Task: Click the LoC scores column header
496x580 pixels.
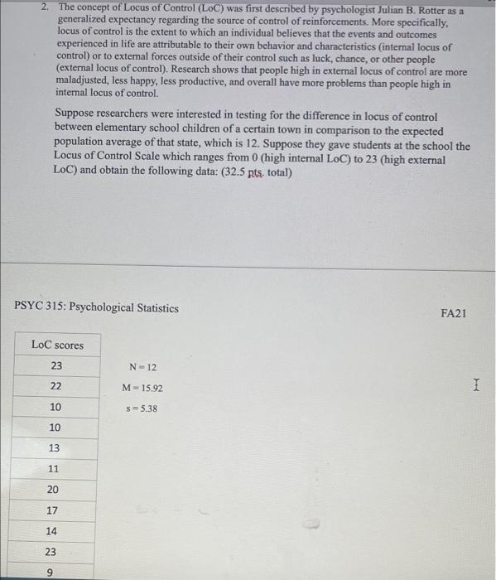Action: coord(56,345)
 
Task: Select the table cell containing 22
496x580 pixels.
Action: coord(56,386)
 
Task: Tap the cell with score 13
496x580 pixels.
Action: coord(55,448)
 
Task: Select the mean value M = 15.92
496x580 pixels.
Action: coord(142,388)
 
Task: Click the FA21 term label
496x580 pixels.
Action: coord(454,314)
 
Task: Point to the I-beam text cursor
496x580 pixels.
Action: coord(475,384)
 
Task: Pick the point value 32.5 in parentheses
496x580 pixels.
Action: coord(235,172)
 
